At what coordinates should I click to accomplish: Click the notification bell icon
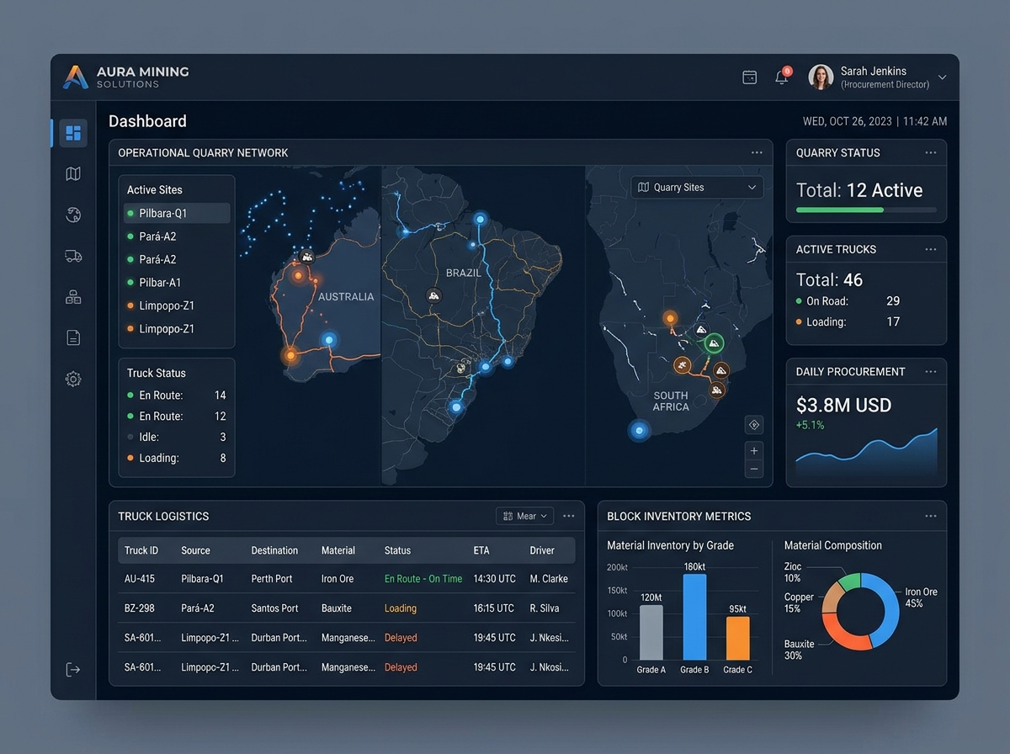tap(782, 77)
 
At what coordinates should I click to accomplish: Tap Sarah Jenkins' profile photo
tap(821, 77)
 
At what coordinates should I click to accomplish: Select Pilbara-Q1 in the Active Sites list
tap(163, 214)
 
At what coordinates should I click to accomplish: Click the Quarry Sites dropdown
tap(697, 187)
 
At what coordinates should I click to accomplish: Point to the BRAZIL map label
tap(464, 273)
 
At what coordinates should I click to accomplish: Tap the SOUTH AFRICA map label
tap(671, 401)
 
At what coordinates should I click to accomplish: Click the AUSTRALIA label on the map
tap(346, 297)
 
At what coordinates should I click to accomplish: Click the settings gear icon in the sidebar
tap(73, 379)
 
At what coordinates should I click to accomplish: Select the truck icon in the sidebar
tap(73, 256)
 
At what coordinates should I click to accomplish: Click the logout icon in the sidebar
tap(73, 669)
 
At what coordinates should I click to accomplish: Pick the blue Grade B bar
tap(694, 617)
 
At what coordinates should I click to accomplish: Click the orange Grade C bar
tap(737, 639)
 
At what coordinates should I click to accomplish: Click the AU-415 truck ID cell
tap(140, 579)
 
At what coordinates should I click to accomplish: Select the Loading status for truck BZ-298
tap(401, 608)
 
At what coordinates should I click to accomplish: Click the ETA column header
tap(481, 550)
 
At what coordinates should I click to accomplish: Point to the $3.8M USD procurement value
tap(843, 406)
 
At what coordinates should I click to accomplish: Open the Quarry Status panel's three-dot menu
tap(930, 152)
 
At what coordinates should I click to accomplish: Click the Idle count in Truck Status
tap(223, 437)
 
